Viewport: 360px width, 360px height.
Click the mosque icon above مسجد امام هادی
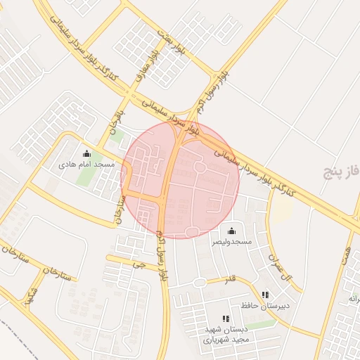[86, 153]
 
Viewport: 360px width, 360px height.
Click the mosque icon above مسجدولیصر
[232, 231]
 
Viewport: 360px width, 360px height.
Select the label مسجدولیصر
[232, 241]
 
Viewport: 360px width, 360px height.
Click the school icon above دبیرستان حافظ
[265, 295]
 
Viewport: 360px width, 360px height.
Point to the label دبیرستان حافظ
[266, 306]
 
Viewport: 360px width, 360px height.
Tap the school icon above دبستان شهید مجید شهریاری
[226, 319]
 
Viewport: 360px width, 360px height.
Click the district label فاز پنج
[342, 170]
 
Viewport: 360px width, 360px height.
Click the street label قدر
[229, 280]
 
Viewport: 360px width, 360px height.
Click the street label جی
[138, 266]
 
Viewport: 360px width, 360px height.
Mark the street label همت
[347, 257]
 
